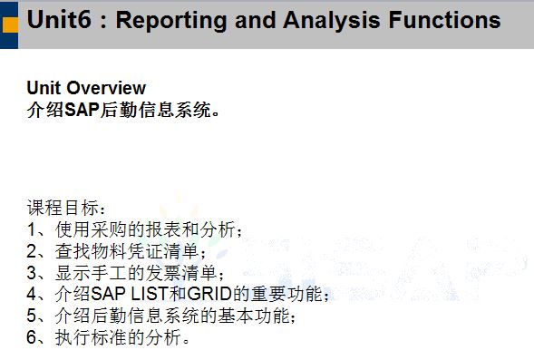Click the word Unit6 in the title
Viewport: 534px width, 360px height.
[59, 19]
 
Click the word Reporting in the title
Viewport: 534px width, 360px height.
[171, 22]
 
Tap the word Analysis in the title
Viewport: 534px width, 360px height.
[331, 22]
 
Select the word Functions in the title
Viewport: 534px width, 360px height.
[445, 19]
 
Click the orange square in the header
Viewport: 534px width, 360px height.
[10, 24]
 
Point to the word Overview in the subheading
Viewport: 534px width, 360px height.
[106, 88]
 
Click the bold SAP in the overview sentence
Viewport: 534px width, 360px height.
[82, 110]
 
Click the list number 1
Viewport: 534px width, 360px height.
[32, 229]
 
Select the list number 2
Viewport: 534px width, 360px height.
[32, 251]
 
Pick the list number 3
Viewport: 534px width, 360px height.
[32, 273]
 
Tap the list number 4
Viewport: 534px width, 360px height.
[32, 295]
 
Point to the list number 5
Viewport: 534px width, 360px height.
[32, 316]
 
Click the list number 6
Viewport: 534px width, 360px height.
[32, 337]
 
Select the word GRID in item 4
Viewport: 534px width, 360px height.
[209, 295]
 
